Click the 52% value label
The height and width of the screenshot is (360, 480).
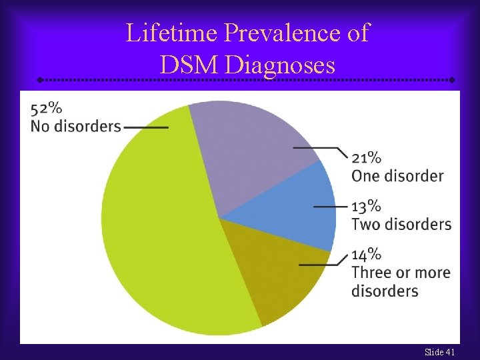point(47,108)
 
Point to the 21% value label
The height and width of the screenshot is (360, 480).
point(366,158)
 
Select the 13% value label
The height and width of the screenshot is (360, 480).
point(366,206)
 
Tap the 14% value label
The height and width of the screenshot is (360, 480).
point(366,254)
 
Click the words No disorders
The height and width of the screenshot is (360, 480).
point(76,126)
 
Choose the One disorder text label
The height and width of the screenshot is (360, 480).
point(397,176)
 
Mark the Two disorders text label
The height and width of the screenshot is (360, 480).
point(401,224)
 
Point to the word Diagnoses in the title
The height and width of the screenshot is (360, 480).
point(280,65)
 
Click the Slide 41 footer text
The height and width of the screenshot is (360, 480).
point(440,351)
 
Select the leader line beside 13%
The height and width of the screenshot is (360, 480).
point(330,207)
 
